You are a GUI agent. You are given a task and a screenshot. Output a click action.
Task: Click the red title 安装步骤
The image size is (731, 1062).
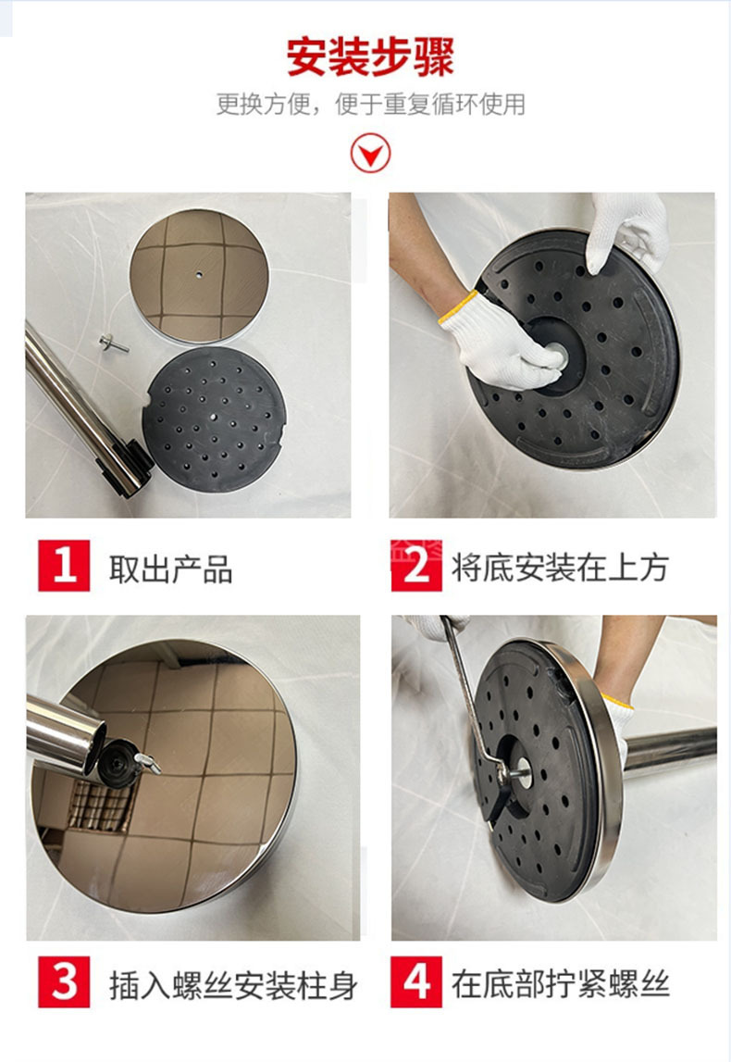click(x=370, y=56)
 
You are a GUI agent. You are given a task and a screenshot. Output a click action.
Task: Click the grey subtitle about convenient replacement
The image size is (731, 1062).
click(x=370, y=105)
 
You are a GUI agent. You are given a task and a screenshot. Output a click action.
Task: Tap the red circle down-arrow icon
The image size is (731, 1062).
click(x=370, y=153)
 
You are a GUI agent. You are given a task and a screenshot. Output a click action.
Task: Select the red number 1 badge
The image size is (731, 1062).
click(x=64, y=565)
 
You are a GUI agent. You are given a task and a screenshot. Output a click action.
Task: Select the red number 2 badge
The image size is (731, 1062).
click(x=416, y=565)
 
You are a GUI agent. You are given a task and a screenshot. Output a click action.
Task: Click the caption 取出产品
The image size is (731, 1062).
click(x=170, y=568)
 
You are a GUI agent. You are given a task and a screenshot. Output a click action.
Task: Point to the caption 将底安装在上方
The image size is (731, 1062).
click(x=559, y=567)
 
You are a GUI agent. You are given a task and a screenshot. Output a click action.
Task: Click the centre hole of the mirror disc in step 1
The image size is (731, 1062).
click(x=198, y=275)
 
